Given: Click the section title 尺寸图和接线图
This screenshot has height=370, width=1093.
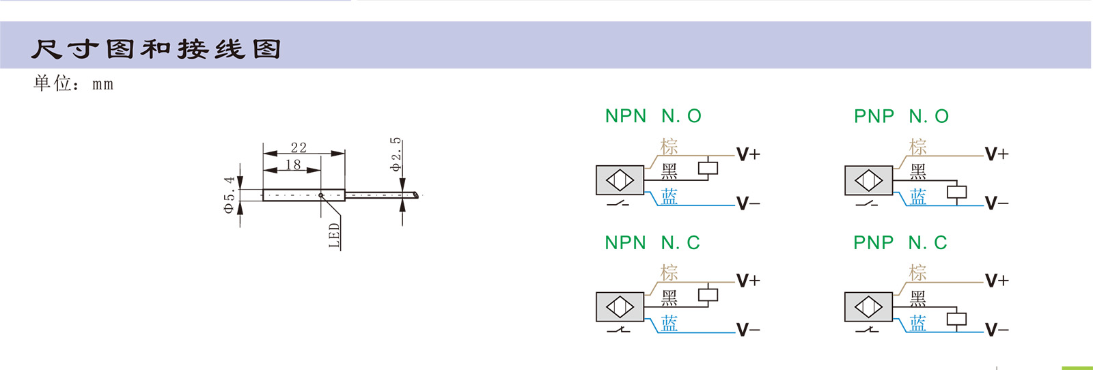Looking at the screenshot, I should [x=156, y=48].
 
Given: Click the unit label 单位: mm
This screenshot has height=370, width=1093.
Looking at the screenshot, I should [x=73, y=83].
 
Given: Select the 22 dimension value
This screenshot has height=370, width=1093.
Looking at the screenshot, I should [x=299, y=147].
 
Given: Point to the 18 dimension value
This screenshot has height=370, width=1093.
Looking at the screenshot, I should [x=293, y=165].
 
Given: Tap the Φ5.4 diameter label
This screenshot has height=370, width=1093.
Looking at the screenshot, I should [x=230, y=195].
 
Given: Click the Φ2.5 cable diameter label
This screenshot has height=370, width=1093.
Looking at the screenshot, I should [x=396, y=154].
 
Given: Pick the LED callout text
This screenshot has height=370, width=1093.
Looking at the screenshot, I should [x=334, y=236].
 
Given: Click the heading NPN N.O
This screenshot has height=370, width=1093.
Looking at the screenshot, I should [x=653, y=116].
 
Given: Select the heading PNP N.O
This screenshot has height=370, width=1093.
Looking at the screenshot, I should [x=901, y=116].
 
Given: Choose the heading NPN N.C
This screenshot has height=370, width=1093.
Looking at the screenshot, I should [x=652, y=242].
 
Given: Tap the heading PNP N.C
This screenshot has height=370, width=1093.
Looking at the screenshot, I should [x=900, y=242].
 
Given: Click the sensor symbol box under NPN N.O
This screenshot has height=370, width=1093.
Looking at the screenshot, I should [x=620, y=180].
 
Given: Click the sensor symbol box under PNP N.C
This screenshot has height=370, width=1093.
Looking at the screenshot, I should [x=868, y=307].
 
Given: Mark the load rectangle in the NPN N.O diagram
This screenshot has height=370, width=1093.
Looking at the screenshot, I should [x=708, y=168].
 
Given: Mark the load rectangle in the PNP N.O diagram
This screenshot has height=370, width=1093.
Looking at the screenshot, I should [x=957, y=192].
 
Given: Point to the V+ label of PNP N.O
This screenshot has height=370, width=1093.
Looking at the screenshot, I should [x=997, y=154].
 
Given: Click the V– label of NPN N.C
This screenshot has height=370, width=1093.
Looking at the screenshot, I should [x=748, y=330].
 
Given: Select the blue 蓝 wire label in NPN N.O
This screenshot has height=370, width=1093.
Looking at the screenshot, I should [x=669, y=197].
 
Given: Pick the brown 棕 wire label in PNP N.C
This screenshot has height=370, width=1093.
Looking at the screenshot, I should [x=918, y=272].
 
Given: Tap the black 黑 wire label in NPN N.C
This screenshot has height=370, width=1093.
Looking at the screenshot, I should [x=669, y=297].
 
